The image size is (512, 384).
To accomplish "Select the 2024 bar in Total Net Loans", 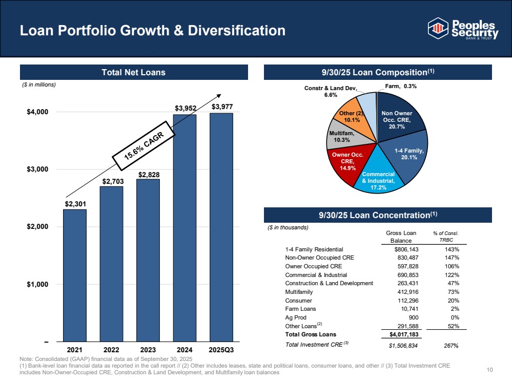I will tap(185, 228).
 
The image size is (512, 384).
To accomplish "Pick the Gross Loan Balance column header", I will tap(401, 237).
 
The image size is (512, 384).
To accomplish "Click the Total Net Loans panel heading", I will tap(133, 72).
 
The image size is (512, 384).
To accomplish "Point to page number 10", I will tap(489, 370).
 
